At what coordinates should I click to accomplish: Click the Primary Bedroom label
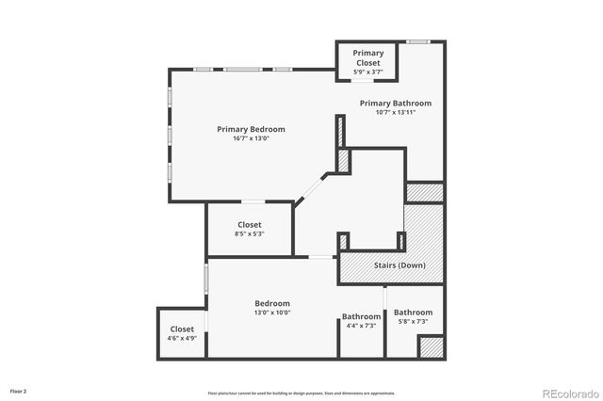click(x=251, y=129)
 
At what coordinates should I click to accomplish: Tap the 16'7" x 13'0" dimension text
click(x=251, y=138)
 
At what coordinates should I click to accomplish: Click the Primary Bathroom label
click(x=395, y=103)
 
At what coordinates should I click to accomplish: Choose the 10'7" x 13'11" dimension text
click(x=395, y=112)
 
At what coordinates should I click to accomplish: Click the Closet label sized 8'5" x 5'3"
click(x=250, y=224)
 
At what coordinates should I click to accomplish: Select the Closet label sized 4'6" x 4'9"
click(x=181, y=329)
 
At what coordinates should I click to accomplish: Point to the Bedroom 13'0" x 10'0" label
click(x=272, y=303)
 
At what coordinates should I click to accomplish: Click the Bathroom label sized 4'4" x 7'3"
click(x=361, y=316)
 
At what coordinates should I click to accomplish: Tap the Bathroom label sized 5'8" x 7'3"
click(x=413, y=313)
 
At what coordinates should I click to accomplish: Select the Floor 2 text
click(x=19, y=390)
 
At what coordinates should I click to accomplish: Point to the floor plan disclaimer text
click(x=301, y=393)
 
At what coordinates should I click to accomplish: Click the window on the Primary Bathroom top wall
click(x=418, y=41)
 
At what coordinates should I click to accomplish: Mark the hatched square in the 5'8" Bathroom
click(x=431, y=346)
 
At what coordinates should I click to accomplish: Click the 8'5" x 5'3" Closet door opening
click(x=253, y=202)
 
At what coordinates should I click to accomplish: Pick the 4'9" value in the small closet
click(x=188, y=338)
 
